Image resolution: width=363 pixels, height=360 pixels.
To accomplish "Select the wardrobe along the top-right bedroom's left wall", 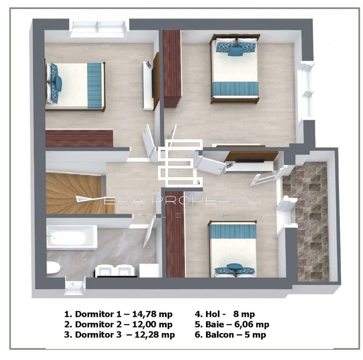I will pyautogui.click(x=172, y=68).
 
